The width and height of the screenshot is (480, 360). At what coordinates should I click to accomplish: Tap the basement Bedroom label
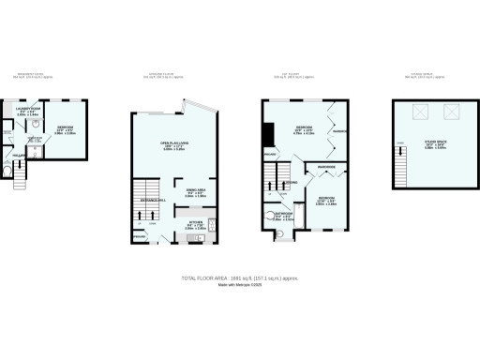[x=64, y=129]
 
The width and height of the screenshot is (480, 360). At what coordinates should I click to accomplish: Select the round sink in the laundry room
[x=34, y=121]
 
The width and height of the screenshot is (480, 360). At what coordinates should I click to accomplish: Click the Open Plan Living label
[x=169, y=146]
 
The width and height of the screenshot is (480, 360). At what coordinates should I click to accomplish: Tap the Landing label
[x=292, y=182]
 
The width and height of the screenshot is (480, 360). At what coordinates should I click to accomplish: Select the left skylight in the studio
[x=421, y=112]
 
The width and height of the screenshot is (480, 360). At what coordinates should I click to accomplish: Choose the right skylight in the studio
[x=451, y=112]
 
